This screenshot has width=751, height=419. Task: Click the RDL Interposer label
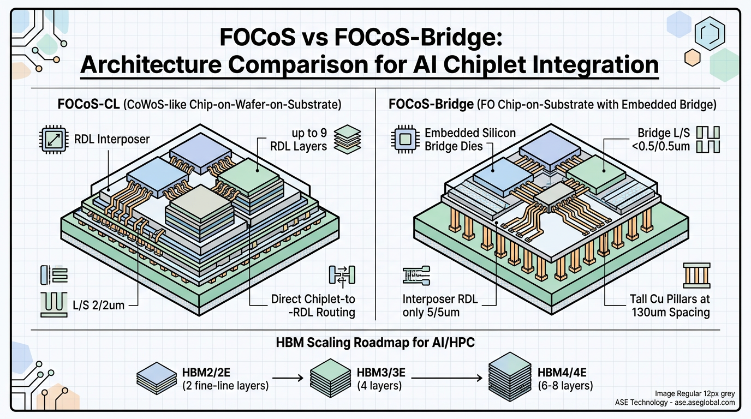point(112,139)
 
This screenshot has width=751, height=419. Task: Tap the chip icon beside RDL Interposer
point(54,139)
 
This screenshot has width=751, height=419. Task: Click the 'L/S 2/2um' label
point(99,305)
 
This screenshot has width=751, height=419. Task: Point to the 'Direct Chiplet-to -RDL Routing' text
point(313,306)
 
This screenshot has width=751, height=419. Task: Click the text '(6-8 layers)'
point(565,386)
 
